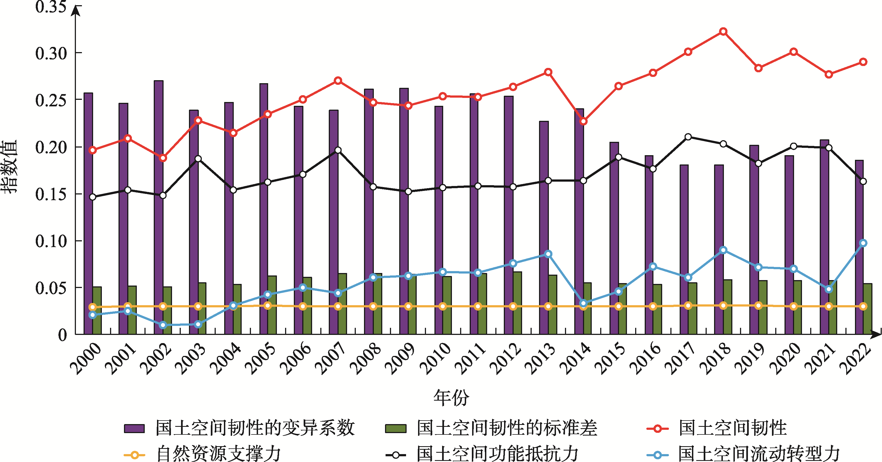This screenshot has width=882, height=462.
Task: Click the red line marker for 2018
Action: point(723,31)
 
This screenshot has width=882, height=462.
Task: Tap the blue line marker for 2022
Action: point(863,243)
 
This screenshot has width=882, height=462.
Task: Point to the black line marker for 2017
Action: point(688,137)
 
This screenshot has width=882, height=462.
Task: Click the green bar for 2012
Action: point(517,303)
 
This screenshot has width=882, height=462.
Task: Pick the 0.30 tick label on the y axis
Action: point(51,53)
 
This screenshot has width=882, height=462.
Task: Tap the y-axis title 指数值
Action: point(9,167)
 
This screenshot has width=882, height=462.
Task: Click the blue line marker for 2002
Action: point(163,325)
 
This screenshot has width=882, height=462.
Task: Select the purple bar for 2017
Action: point(684,249)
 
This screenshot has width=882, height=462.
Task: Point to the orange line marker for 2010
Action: point(443,306)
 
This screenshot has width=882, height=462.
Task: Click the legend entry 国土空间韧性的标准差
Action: point(507,428)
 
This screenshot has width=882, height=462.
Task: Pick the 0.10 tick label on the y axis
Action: point(51,241)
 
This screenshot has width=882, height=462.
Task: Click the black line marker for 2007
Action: point(338,150)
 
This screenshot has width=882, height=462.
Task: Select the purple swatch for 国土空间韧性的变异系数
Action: point(134,428)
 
